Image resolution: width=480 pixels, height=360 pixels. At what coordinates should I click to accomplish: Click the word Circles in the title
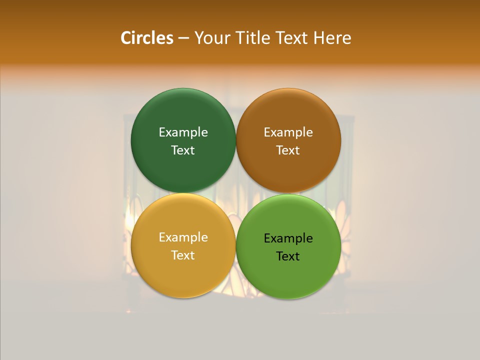coord(147,38)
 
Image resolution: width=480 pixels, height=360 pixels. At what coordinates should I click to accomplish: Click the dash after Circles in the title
coord(183,38)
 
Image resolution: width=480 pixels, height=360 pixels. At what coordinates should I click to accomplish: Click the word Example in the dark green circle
coord(183,132)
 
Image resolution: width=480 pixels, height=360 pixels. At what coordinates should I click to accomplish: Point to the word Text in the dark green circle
coord(183,150)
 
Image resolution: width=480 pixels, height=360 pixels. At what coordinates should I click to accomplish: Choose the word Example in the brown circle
coord(288,132)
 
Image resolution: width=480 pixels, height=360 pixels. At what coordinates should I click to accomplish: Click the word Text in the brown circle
coord(288,150)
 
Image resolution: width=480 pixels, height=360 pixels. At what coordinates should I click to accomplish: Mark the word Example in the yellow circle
coord(183,237)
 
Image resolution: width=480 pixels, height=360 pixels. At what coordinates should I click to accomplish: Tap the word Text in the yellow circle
coord(183,255)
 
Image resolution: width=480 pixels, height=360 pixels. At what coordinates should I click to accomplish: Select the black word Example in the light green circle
coord(288,238)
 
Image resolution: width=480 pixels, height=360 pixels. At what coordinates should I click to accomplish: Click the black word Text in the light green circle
coord(288,256)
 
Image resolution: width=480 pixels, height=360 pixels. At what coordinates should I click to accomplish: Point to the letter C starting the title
coord(126,38)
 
